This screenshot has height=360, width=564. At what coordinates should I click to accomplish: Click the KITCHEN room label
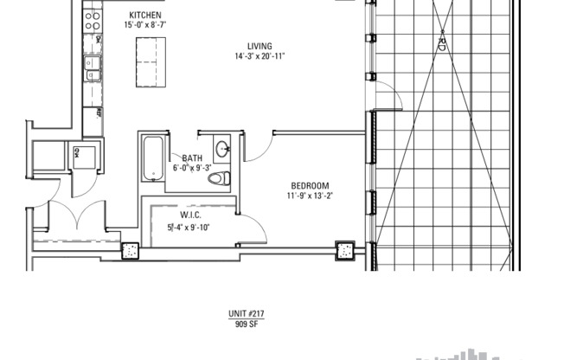coord(143,16)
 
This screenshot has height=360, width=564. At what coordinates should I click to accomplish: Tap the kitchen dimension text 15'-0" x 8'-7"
coord(144,26)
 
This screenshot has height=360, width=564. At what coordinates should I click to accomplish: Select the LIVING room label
coord(259,46)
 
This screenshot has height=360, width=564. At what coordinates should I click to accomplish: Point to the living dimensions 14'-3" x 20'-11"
coord(260,56)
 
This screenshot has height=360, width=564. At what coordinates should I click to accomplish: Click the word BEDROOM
coord(310,185)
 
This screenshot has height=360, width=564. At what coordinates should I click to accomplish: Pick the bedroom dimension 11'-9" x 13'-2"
coord(310,196)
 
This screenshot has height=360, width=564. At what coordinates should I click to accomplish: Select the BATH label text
coord(191,157)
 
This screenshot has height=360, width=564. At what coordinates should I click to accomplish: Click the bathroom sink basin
coord(222,148)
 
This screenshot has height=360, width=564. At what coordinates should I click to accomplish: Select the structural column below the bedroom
coord(344,252)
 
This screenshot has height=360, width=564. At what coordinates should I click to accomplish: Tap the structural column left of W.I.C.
coord(131,252)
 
